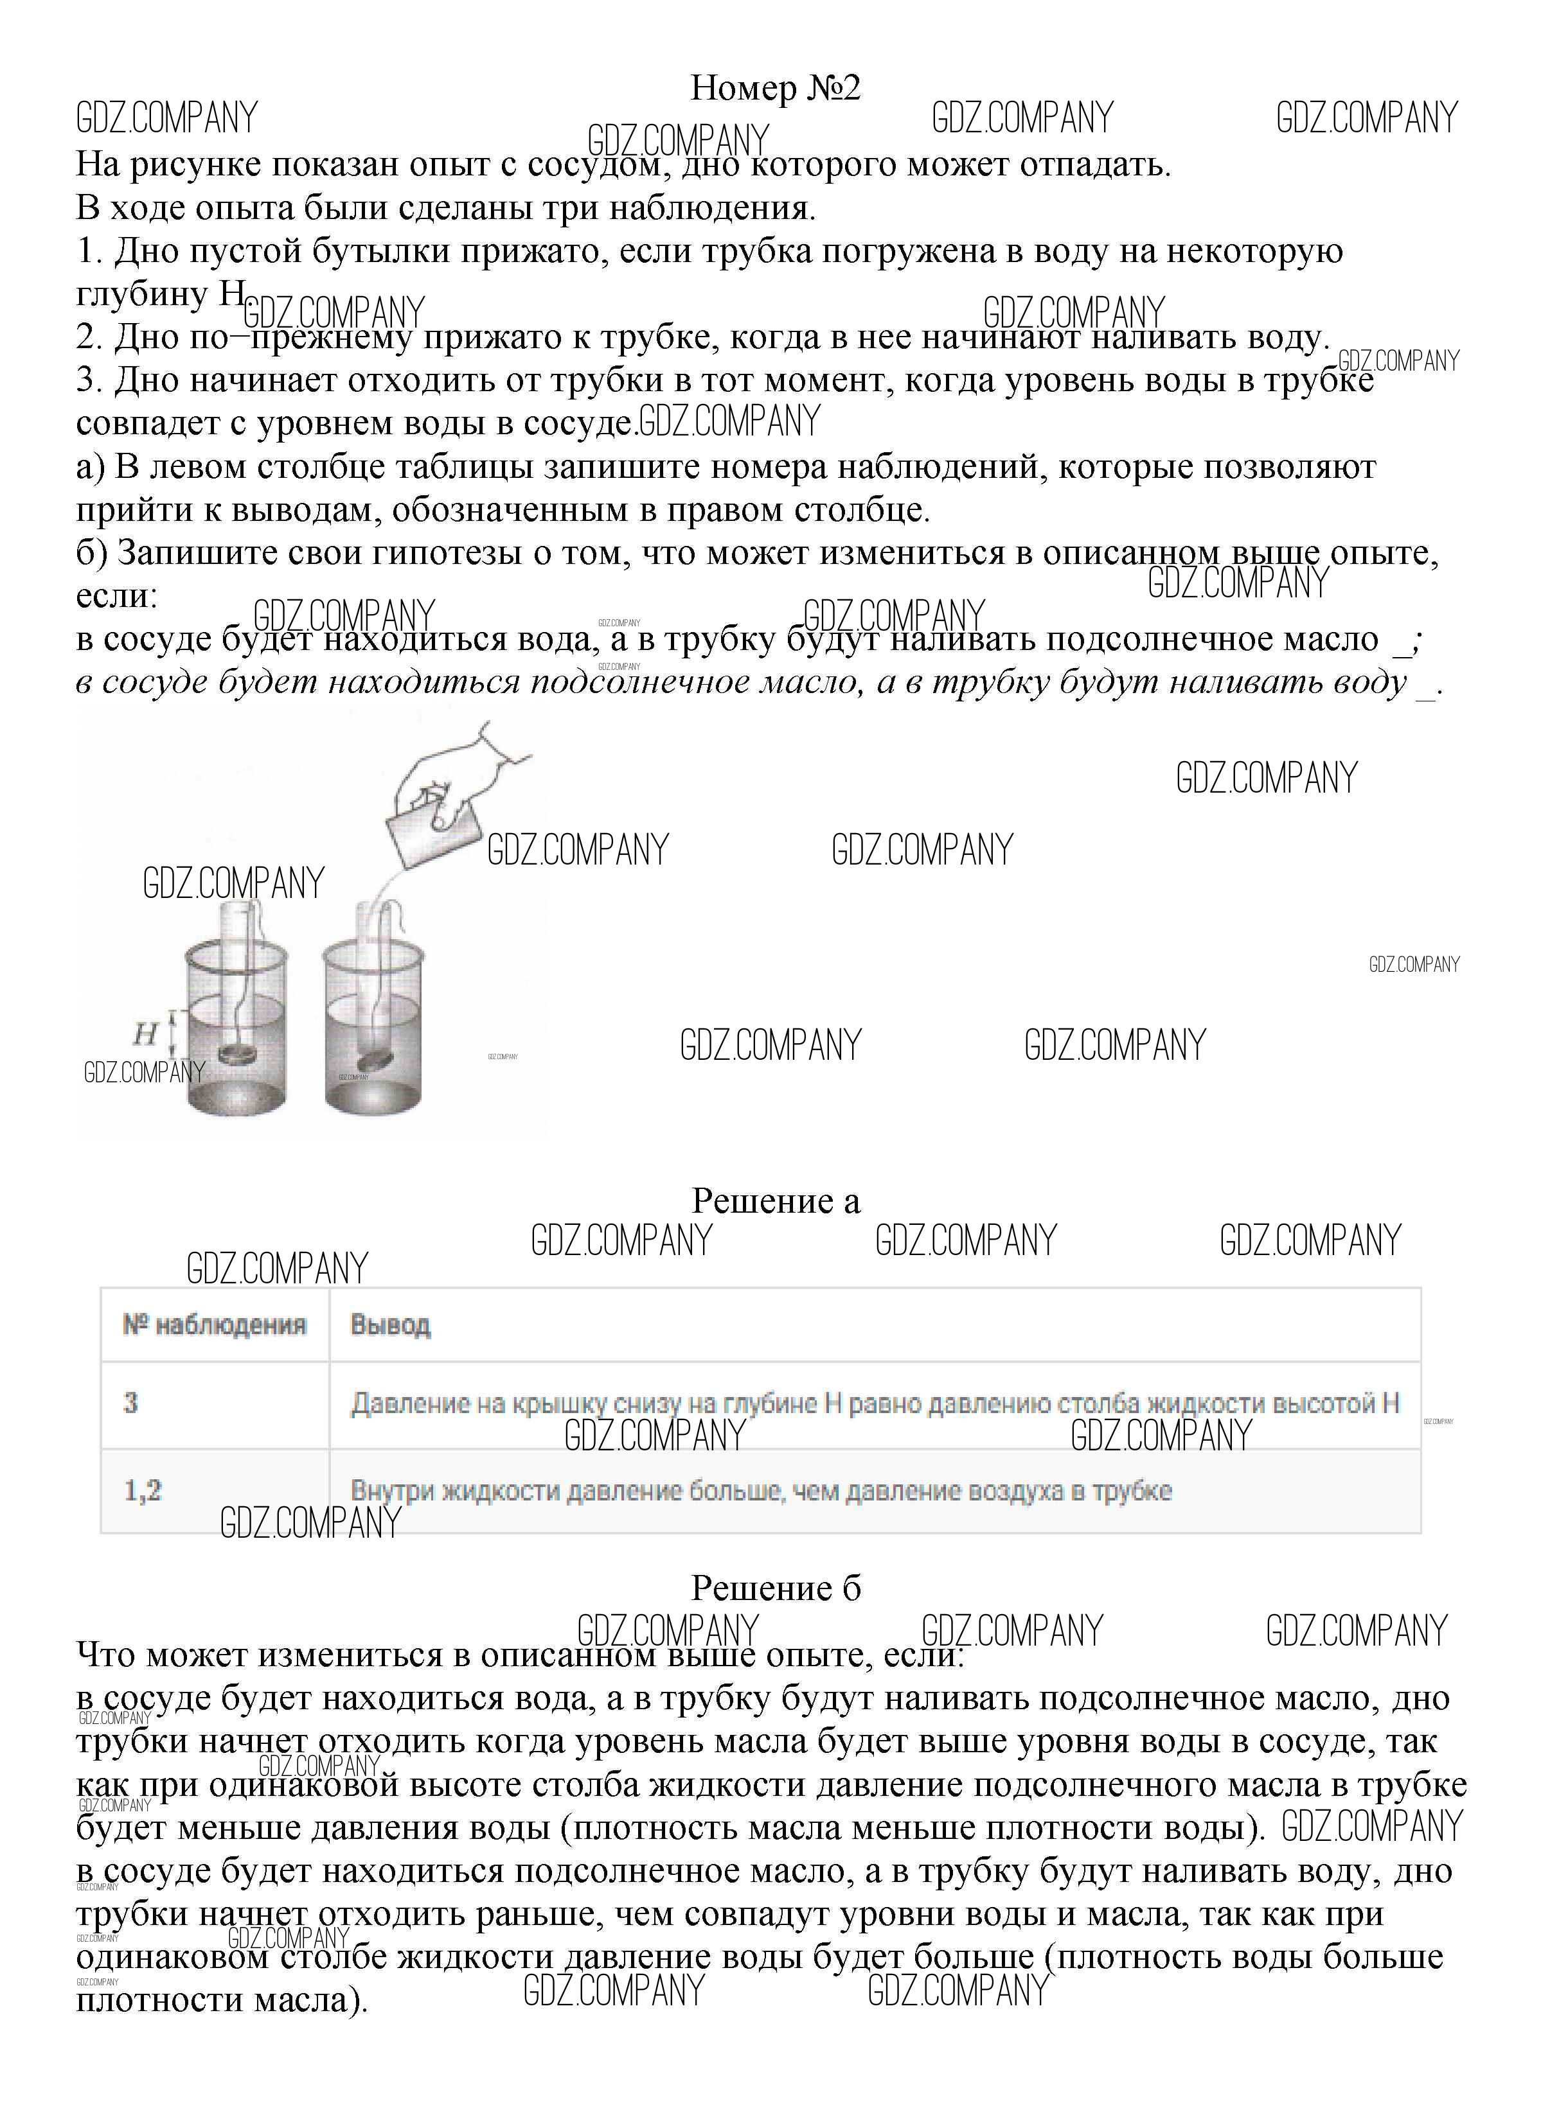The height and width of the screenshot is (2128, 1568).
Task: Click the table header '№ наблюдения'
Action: [215, 1324]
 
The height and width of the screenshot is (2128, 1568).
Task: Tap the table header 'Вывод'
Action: [390, 1324]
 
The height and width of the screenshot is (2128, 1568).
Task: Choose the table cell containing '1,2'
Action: [143, 1490]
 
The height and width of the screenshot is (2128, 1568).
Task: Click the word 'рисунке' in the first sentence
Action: [197, 165]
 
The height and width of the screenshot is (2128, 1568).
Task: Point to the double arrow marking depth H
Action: [173, 1033]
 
